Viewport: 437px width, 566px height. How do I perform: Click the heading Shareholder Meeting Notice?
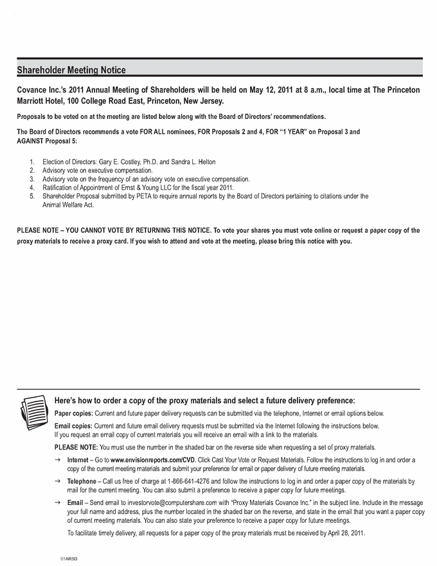71,69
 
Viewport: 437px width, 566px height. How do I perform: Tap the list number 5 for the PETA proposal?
32,196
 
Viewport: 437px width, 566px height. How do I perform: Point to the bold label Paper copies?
74,414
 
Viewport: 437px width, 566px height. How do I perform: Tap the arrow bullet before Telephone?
58,481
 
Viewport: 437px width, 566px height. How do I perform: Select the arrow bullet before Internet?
58,460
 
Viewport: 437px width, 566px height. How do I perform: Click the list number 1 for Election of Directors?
32,161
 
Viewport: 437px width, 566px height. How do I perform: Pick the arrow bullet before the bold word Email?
58,502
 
